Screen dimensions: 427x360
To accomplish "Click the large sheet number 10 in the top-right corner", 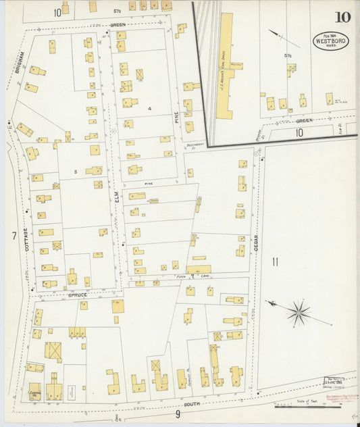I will click(342, 17).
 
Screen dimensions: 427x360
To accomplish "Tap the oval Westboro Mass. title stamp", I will click(330, 41).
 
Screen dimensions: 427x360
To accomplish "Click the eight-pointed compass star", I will click(297, 312).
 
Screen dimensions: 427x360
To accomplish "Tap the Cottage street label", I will click(26, 240).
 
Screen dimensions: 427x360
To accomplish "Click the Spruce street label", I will click(78, 295).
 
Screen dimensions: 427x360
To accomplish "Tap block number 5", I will click(76, 172).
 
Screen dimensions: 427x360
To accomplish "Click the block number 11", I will click(275, 261).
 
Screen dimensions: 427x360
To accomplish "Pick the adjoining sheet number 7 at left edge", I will click(13, 236).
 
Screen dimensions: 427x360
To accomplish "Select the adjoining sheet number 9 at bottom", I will click(178, 415).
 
